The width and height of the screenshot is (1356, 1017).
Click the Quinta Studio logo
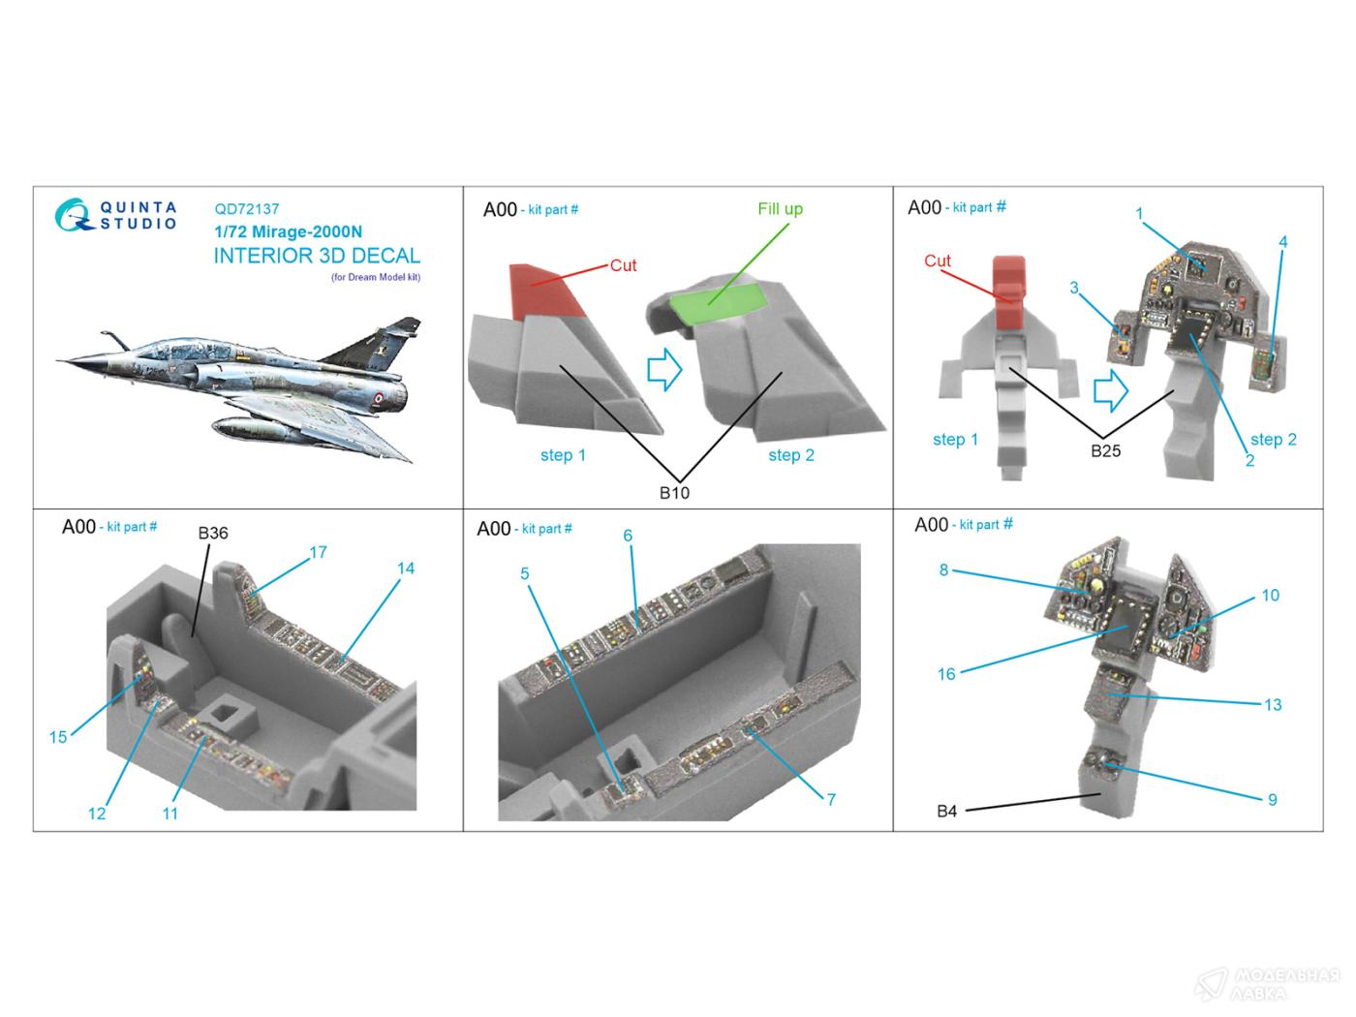115,216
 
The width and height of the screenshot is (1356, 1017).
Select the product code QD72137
246,209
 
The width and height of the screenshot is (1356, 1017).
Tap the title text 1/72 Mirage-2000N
288,232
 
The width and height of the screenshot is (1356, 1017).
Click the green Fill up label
780,209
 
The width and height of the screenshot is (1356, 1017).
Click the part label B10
674,493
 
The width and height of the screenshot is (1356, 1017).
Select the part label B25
1105,451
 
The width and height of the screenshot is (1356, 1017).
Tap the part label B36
213,533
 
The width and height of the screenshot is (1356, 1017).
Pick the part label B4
946,811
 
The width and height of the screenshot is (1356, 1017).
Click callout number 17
318,552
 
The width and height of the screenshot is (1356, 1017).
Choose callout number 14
405,569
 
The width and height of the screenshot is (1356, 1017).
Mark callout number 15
58,737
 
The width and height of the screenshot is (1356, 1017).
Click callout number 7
830,799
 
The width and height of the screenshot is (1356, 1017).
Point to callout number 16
946,674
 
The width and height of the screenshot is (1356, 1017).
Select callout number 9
1272,800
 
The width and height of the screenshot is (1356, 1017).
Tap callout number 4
1282,242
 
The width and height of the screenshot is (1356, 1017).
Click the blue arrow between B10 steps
664,370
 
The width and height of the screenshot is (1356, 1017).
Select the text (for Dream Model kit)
375,278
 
